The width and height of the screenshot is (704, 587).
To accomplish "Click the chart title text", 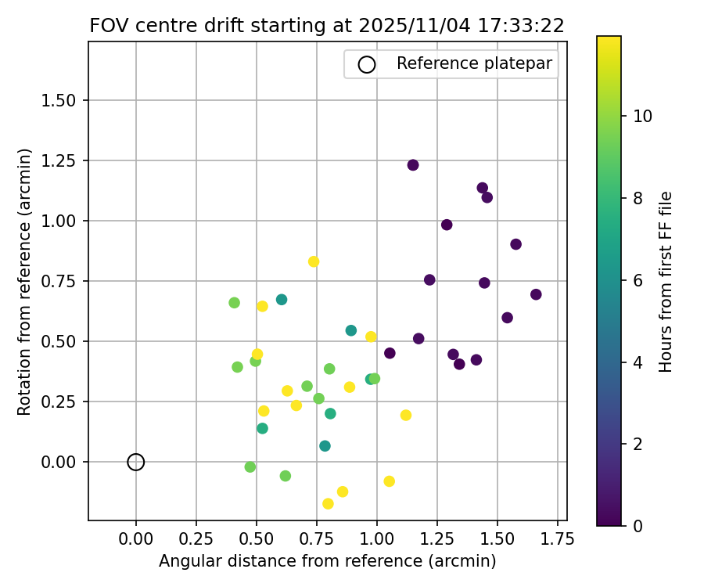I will pos(327,25).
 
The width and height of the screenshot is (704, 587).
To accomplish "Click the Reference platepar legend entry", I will pos(452,64).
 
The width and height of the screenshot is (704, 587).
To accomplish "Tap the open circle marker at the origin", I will pos(136,462).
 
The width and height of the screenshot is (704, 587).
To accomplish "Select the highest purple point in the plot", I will pos(413,165).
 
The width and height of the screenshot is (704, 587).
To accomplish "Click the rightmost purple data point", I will pos(536,294).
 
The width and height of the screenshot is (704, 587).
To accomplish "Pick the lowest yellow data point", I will pos(328,504).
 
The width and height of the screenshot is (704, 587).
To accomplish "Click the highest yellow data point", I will pos(314,261).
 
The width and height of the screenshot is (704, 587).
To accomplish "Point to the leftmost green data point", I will pos(234,303).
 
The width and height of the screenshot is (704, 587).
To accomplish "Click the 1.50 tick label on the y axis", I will pos(61,100).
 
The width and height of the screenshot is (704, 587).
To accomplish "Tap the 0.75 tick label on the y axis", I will pos(61,281).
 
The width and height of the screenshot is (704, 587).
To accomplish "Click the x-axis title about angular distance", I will pos(327,561).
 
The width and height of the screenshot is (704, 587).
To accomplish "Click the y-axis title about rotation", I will pos(24,281).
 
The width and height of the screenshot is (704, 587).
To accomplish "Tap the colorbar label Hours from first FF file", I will pos(666,281).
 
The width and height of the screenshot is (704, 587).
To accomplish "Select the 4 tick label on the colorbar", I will pos(638,362).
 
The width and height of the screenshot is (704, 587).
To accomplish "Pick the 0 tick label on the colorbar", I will pos(638,525).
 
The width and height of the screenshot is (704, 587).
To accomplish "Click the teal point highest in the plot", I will pos(282,300).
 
